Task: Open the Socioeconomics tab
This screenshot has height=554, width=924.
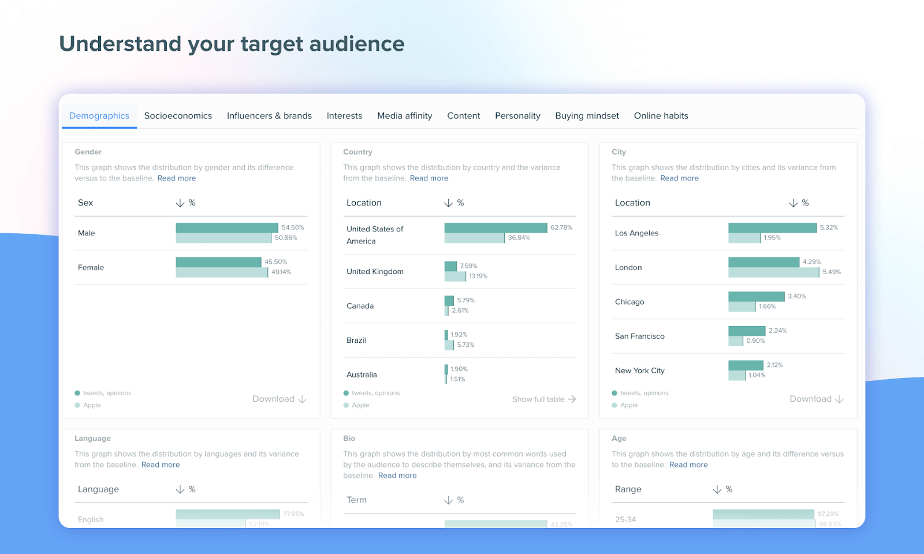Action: tap(178, 116)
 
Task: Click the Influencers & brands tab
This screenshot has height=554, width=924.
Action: tap(269, 116)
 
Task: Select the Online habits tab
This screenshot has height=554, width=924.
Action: tap(661, 116)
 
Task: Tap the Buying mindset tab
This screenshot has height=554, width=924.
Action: tap(587, 116)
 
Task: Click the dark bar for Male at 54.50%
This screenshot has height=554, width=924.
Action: tap(226, 228)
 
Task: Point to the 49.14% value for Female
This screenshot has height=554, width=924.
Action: tap(281, 272)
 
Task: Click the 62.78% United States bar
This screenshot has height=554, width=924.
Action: tap(495, 228)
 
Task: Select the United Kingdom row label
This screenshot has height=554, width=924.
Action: tap(375, 272)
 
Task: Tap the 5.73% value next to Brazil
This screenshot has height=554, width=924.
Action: tap(465, 345)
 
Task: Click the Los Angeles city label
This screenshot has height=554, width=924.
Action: tap(636, 233)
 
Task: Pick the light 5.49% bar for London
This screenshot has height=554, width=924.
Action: tap(773, 272)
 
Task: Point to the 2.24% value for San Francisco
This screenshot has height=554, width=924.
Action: tap(777, 331)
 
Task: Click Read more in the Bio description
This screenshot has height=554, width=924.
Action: tap(397, 476)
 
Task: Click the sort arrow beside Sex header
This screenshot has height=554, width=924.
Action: tap(180, 203)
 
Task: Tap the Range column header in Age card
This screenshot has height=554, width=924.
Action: tap(628, 489)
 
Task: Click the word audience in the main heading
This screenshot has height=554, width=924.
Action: tap(356, 44)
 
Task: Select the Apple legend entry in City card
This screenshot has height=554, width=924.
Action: tap(628, 405)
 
